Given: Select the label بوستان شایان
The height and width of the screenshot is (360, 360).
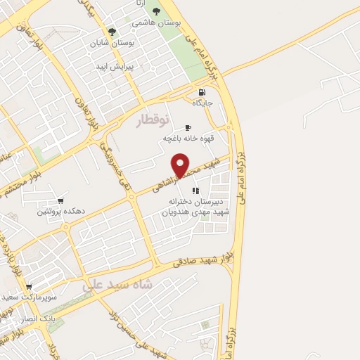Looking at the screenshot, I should [x=111, y=42].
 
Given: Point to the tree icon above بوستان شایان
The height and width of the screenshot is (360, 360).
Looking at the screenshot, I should [x=111, y=31].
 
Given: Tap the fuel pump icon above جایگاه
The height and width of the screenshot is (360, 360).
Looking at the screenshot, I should [x=202, y=92].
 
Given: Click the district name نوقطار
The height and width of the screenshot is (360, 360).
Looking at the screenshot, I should [x=153, y=119].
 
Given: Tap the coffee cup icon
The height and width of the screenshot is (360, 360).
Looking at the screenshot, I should [x=187, y=127].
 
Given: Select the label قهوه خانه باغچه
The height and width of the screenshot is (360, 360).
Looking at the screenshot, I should [x=183, y=139].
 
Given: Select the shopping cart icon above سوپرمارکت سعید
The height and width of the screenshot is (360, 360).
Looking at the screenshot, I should [x=28, y=287].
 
